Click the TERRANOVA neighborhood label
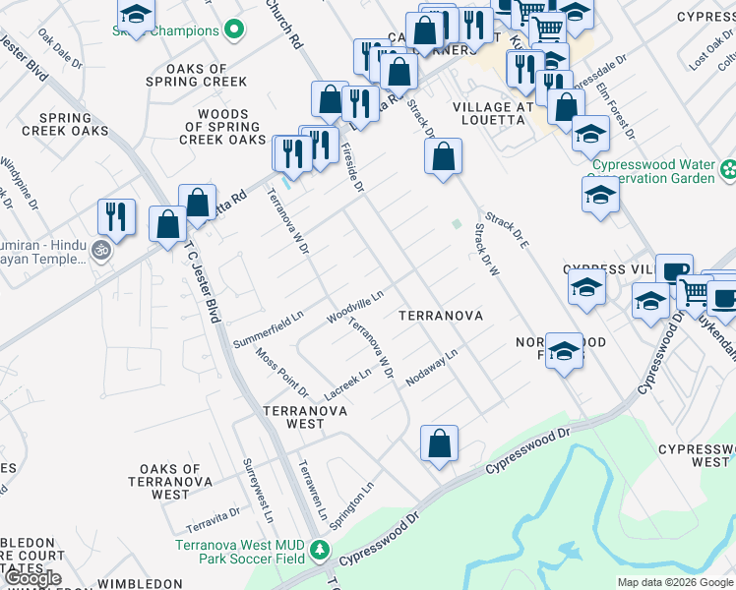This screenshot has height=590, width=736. click(x=440, y=316)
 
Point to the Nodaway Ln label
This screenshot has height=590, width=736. click(x=439, y=367)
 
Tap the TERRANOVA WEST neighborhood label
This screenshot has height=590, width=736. click(x=292, y=417)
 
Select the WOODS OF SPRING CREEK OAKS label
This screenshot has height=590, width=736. click(x=222, y=128)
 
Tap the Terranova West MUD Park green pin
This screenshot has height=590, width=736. click(x=318, y=549)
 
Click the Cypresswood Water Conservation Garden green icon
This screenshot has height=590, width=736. click(x=728, y=170)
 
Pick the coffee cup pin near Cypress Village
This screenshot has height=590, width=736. click(x=674, y=270)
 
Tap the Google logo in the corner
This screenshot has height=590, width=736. click(x=33, y=578)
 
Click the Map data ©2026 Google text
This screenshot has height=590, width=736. click(x=674, y=582)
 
